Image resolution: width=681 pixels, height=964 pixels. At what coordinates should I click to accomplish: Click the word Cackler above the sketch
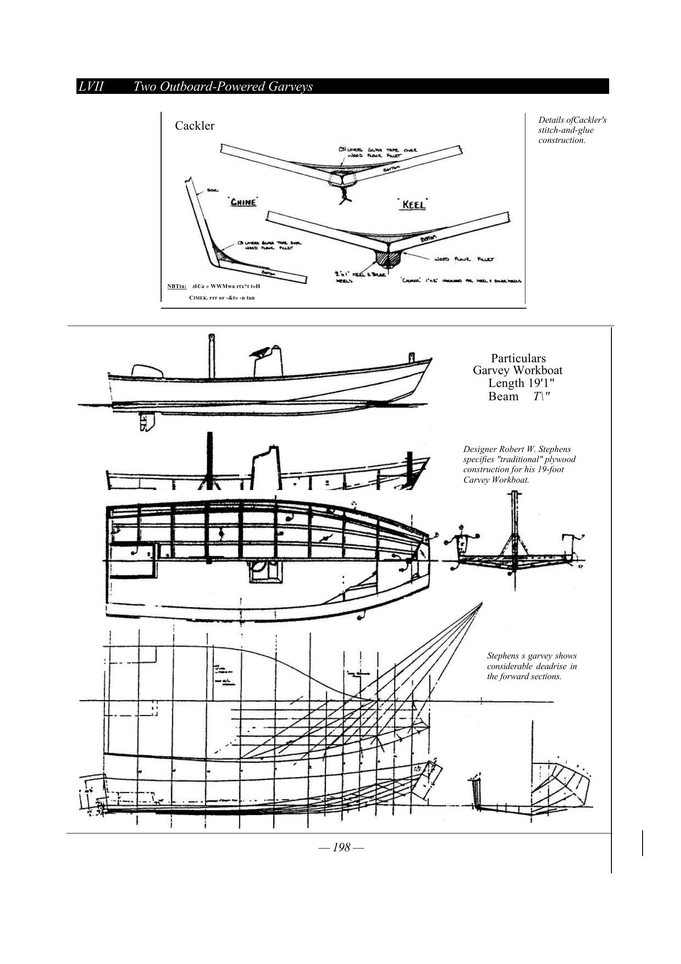195,126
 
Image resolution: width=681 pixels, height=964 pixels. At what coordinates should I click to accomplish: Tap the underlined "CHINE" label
243,202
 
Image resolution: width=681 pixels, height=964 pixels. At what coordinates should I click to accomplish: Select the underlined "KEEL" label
413,205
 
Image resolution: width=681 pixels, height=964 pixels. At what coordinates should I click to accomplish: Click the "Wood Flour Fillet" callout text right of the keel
464,259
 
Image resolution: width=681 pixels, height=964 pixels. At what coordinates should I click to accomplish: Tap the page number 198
341,847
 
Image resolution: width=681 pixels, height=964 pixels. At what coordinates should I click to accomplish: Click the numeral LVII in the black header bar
91,87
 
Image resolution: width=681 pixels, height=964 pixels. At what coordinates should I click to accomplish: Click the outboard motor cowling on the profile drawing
146,371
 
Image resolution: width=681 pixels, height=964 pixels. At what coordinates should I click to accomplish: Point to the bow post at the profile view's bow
411,357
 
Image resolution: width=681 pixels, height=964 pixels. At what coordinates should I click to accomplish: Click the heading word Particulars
518,358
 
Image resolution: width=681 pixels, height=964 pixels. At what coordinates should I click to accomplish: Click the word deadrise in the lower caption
547,666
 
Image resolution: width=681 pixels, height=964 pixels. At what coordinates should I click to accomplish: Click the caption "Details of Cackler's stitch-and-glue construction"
572,130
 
